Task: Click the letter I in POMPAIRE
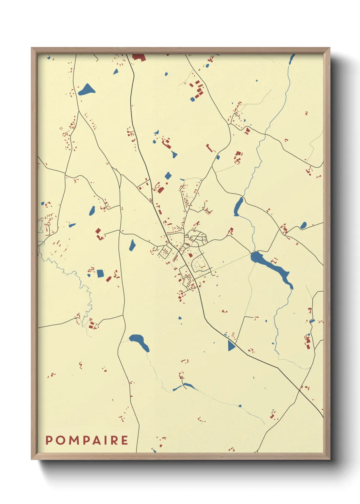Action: (x=105, y=440)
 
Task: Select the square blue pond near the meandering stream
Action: (x=100, y=273)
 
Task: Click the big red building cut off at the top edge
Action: (x=138, y=57)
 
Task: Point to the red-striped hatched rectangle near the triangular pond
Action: (x=233, y=335)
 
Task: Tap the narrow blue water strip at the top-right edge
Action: (x=291, y=59)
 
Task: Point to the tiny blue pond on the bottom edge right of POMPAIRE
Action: (x=154, y=451)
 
